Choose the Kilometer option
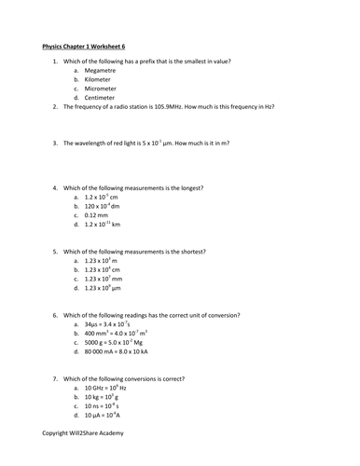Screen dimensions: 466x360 (100, 80)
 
